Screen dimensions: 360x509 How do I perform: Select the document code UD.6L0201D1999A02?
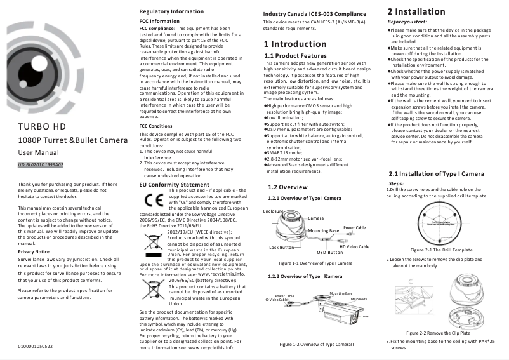pos(40,165)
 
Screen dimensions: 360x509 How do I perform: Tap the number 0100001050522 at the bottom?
pos(36,346)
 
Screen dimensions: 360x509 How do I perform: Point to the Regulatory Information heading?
pos(171,12)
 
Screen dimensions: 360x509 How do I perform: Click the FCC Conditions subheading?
pos(155,126)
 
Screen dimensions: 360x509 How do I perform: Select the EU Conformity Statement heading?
pos(174,185)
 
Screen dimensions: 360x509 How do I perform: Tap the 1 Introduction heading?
pos(295,44)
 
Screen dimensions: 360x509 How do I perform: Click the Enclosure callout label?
pos(273,211)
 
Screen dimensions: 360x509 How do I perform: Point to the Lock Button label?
pos(282,247)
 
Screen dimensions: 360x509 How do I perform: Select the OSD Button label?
pos(329,252)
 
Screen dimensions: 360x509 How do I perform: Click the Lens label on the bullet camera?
pos(365,316)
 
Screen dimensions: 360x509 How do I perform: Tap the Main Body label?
pos(359,299)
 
